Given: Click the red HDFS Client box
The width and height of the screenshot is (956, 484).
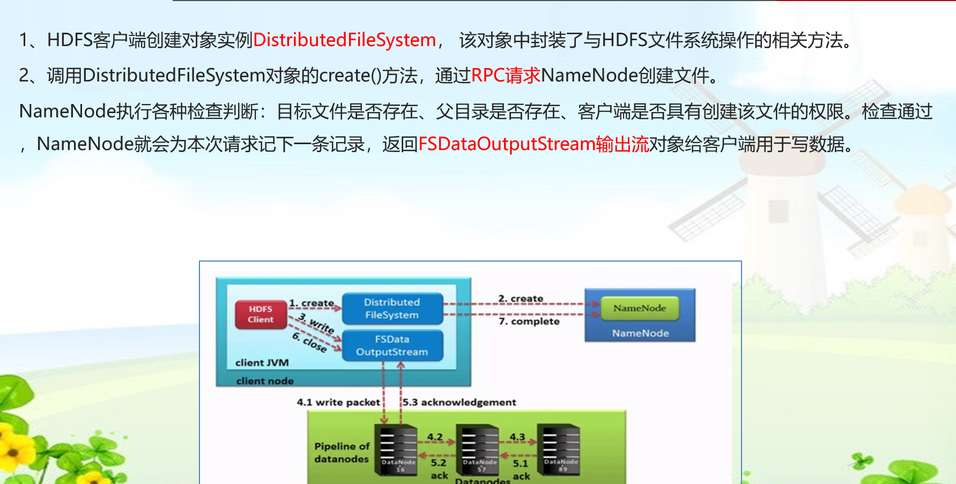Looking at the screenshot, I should point(261,314).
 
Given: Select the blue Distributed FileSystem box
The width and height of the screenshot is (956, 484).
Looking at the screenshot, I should point(392,309).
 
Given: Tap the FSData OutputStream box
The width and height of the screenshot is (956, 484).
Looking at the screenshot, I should point(392,346).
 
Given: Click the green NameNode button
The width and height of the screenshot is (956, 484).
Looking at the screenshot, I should point(640,308).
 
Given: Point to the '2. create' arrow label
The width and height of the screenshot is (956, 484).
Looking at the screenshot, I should point(521,299).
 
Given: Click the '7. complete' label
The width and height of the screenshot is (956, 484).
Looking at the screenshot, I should point(529,322).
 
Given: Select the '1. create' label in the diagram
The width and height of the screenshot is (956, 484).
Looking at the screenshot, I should point(312,303).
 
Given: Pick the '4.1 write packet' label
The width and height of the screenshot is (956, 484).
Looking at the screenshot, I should point(338,402).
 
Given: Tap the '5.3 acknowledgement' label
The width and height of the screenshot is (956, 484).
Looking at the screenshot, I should point(460,402).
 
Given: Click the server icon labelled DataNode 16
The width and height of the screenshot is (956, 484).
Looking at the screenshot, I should point(398,450).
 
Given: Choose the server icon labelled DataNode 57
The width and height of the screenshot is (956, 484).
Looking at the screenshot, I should point(480,450).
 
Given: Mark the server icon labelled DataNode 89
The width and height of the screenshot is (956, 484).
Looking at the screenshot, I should point(561,450).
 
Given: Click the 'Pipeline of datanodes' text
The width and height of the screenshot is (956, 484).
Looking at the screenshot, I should point(342,452).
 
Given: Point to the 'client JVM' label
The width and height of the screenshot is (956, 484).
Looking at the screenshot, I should point(262,363).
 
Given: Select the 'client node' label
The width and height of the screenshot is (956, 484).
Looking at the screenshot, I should point(265,381).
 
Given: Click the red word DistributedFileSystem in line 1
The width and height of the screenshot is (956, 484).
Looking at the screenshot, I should point(344,40).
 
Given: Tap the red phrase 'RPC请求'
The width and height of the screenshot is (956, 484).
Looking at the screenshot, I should point(506,76).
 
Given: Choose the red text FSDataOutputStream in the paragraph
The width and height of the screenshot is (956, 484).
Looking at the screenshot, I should point(506,144).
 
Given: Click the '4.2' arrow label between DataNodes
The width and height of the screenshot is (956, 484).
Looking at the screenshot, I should point(435,437).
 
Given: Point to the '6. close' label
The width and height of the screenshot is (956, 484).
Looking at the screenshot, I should point(310,342).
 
